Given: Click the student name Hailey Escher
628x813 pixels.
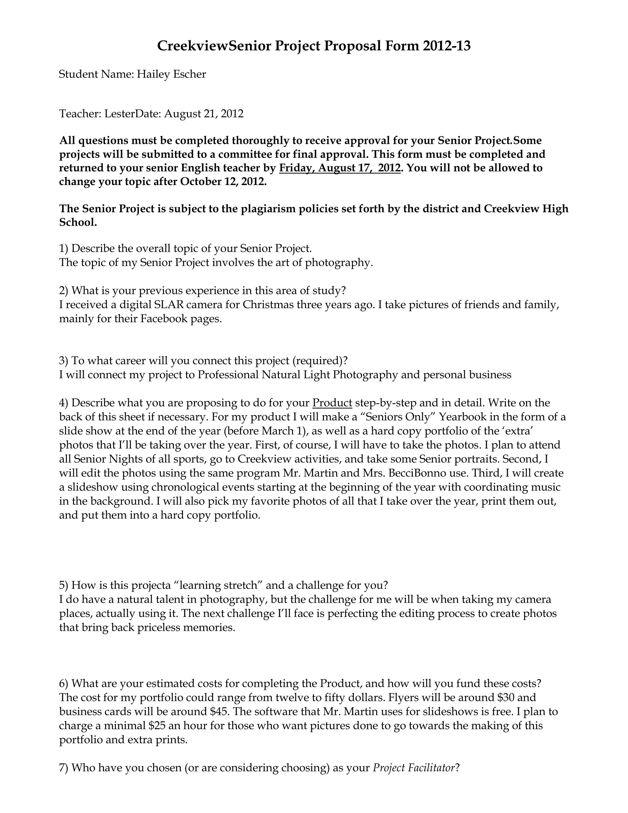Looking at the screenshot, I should pos(171,74).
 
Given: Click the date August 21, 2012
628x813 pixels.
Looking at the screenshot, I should pos(204,114).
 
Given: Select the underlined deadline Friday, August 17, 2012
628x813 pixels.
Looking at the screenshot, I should pos(340,168).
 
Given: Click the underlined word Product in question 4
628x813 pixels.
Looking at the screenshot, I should pos(332,403).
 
